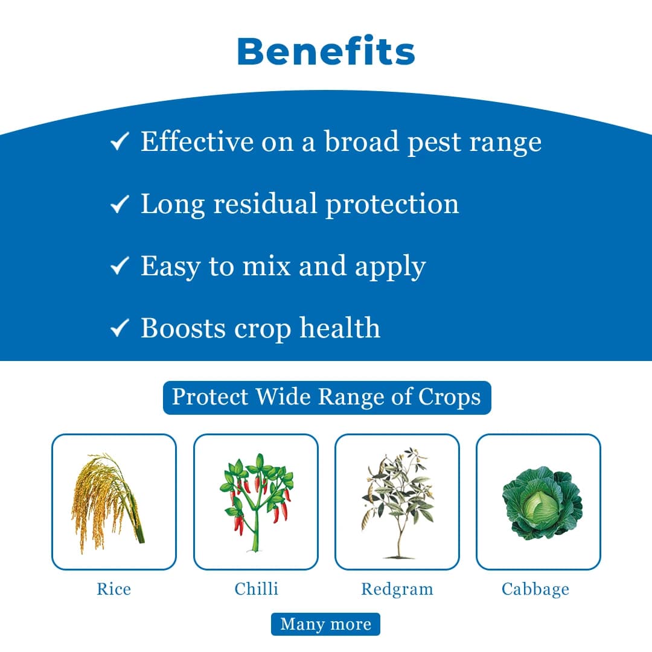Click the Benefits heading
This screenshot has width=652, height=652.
pos(326,52)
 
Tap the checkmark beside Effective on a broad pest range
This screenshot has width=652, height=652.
pos(120,142)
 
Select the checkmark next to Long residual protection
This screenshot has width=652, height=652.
pos(120,205)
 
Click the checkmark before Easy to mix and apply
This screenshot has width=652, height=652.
pos(120,266)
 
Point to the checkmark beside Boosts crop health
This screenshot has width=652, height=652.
pos(120,328)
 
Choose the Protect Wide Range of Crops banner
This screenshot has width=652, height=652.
pos(327,397)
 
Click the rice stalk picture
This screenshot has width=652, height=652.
pos(109,502)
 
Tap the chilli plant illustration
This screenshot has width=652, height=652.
pos(256,502)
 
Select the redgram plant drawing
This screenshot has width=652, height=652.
pos(397,502)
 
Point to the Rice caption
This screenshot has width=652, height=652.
pos(113,589)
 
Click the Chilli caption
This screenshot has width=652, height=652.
pos(256,589)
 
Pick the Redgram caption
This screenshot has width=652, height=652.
pos(397,589)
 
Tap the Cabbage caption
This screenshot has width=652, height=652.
pos(535,589)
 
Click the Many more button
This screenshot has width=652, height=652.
pos(325,624)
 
